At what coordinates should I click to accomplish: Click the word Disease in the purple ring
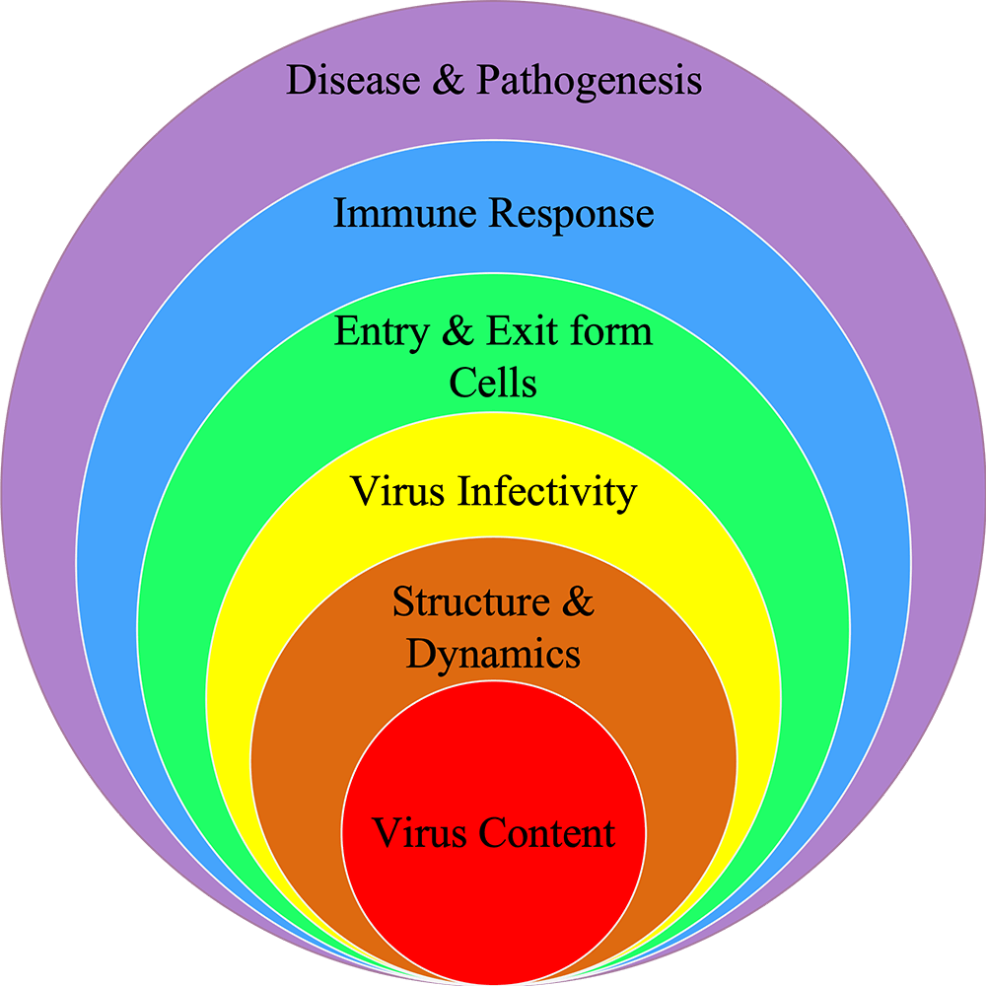coord(353,80)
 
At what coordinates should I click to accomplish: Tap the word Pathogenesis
coord(589,83)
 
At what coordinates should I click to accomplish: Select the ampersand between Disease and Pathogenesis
coord(449,80)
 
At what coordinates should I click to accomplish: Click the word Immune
coord(404,213)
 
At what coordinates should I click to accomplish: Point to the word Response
coord(572,215)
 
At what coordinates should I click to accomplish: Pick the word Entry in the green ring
coord(382,332)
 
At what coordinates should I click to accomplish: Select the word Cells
coord(493,383)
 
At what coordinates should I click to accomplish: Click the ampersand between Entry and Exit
coord(458,330)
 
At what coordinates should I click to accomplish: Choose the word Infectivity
coord(547,492)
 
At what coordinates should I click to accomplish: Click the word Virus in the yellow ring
coord(397,490)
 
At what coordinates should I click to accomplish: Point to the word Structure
coord(471,601)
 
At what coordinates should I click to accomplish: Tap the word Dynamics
coord(493,656)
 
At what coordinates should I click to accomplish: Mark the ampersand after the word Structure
coord(578,601)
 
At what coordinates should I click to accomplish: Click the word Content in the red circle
coord(546,833)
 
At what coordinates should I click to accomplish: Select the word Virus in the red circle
coord(419,833)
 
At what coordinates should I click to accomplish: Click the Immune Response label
coord(494,215)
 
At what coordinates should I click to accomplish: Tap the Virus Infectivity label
coord(493,492)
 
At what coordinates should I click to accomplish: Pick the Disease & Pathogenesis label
coord(494,83)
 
